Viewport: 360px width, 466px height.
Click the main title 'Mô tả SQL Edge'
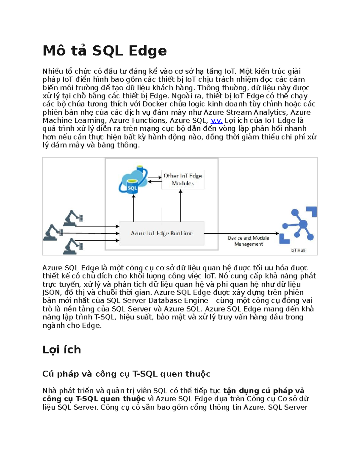pyautogui.click(x=104, y=51)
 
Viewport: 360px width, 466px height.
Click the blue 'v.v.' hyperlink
pyautogui.click(x=216, y=121)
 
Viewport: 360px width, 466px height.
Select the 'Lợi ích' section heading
pyautogui.click(x=61, y=350)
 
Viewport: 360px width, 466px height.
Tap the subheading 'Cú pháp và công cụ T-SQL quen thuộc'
pyautogui.click(x=126, y=374)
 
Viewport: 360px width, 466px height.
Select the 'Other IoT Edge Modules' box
pyautogui.click(x=183, y=179)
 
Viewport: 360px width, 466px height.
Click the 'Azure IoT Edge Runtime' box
pyautogui.click(x=162, y=233)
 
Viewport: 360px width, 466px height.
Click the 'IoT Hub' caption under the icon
pyautogui.click(x=298, y=250)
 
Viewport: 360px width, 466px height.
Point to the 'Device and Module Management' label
pyautogui.click(x=248, y=241)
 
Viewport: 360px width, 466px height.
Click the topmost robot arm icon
pyautogui.click(x=73, y=218)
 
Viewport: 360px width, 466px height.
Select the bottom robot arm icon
pyautogui.click(x=73, y=246)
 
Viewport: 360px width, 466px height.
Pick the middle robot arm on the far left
pyautogui.click(x=53, y=233)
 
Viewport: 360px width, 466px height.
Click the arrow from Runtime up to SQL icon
pyautogui.click(x=133, y=209)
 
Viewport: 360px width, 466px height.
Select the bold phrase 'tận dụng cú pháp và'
pyautogui.click(x=264, y=391)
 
